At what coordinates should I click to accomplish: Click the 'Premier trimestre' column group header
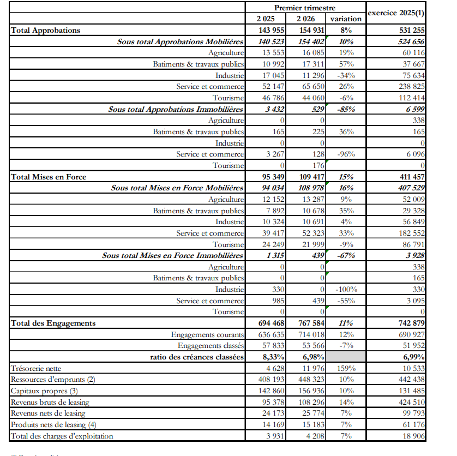point(304,8)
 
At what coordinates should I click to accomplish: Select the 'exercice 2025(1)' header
point(396,12)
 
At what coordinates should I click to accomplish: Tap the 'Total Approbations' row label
point(46,30)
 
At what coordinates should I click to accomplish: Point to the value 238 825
point(410,87)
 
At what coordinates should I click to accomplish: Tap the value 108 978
point(312,188)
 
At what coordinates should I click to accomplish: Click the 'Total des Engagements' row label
point(53,323)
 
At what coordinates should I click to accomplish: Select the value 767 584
point(311,323)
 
